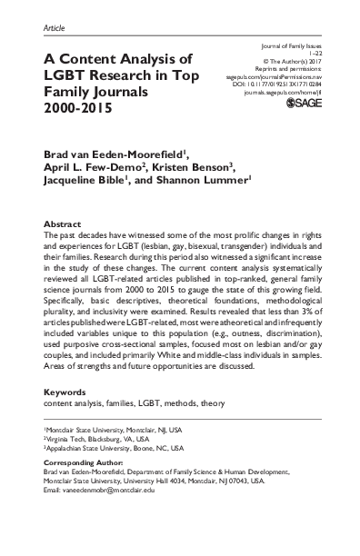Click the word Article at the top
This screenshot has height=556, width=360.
[54, 29]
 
